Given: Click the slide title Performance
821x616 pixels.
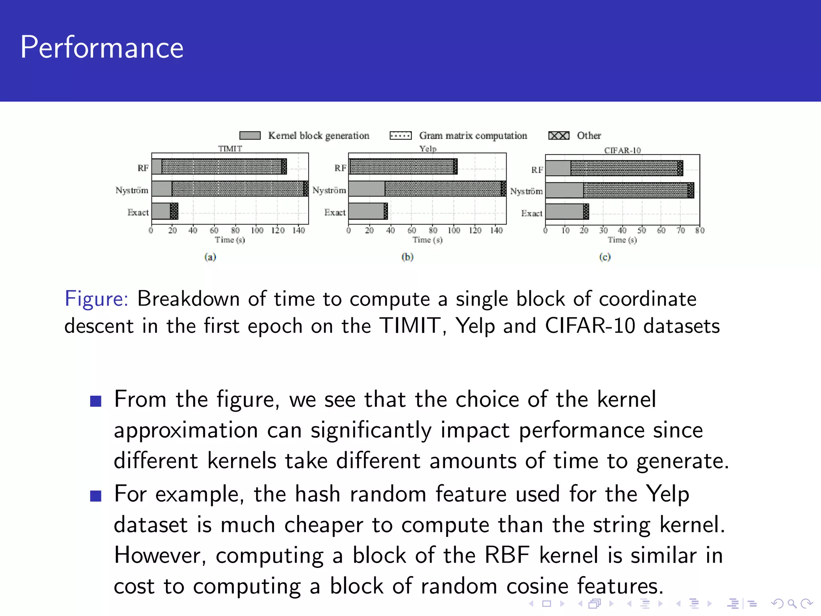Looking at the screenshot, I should (102, 47).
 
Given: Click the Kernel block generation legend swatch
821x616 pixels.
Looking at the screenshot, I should (250, 136).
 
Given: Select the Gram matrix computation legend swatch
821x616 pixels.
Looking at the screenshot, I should (400, 136).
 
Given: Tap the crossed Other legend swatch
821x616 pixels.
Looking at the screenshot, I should (559, 136).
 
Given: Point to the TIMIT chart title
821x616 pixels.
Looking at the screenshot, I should (230, 148).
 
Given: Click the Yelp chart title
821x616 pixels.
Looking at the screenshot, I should (428, 148).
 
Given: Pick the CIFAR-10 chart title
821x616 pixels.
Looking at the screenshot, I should (623, 150).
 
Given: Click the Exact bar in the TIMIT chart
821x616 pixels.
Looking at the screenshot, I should (165, 211).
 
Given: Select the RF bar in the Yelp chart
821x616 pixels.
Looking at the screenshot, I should (403, 166).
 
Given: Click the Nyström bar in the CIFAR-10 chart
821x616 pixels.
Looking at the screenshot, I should (619, 190).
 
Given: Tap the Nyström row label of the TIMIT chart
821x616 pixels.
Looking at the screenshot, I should (132, 190).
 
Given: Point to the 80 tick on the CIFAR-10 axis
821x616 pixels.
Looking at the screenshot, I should (700, 231).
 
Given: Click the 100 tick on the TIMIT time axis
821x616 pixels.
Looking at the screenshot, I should (257, 231).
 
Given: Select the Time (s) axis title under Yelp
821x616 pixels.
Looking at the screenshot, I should (428, 240).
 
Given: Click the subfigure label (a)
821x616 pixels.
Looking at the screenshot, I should (210, 257).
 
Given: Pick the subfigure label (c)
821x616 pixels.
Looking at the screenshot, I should (605, 257).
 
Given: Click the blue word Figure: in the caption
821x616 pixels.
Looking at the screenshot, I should (96, 299).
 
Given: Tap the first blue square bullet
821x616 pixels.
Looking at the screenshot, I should (96, 401).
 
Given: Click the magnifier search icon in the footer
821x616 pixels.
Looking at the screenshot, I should (791, 603).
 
